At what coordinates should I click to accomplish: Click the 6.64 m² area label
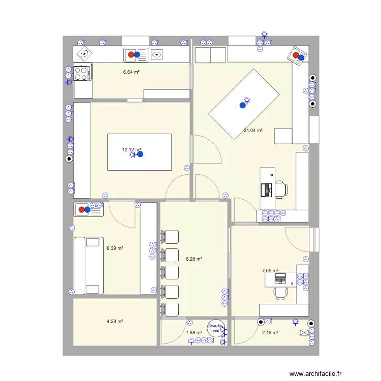pos(131,72)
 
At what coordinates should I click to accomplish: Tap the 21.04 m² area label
pos(253,131)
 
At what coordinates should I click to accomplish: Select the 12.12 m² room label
pos(131,150)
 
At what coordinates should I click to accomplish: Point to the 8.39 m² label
pos(115,248)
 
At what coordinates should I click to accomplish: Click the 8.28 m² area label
pos(194,259)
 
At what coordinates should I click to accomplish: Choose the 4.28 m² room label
pos(115,321)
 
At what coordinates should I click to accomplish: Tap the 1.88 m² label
pos(194,333)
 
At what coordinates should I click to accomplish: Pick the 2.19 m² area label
pos(270,333)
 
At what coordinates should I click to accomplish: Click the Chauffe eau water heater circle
pos(215,327)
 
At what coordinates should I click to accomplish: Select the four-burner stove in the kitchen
pos(82,74)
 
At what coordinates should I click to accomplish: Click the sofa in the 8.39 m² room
pos(89,265)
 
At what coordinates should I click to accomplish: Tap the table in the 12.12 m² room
pos(139,152)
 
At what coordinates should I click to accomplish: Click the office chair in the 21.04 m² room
pos(280,189)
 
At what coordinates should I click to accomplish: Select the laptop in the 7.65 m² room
pos(280,278)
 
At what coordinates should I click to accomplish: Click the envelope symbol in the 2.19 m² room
pos(304,333)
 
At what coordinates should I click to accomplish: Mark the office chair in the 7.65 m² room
pos(280,293)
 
